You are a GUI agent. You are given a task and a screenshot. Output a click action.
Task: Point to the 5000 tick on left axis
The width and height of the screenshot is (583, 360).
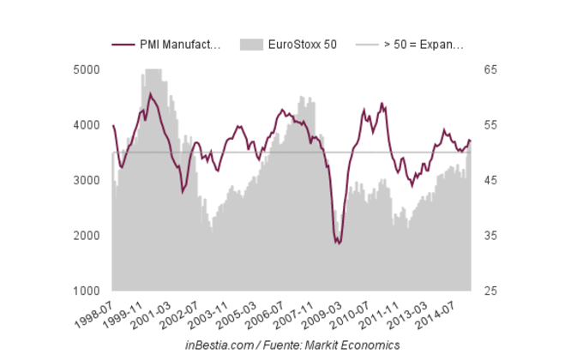click(89, 69)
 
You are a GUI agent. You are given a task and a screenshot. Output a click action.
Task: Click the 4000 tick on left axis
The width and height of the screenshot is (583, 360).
click(89, 125)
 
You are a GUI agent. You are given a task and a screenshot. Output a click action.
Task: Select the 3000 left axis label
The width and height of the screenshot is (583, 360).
click(89, 181)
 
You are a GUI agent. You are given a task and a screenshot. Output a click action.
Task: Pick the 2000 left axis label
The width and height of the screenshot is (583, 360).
click(89, 236)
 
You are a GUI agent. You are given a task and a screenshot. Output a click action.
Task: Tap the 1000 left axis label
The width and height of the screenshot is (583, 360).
click(89, 291)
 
